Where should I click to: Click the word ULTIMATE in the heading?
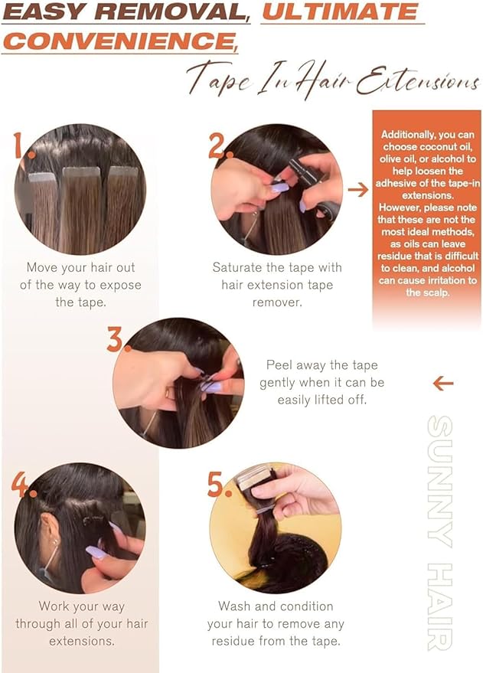(340, 11)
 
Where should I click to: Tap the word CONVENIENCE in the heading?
(119, 41)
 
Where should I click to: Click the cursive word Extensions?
(417, 79)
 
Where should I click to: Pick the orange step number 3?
(115, 339)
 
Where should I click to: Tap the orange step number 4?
(20, 484)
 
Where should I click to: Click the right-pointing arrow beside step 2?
(357, 189)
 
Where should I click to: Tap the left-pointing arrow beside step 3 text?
(443, 383)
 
